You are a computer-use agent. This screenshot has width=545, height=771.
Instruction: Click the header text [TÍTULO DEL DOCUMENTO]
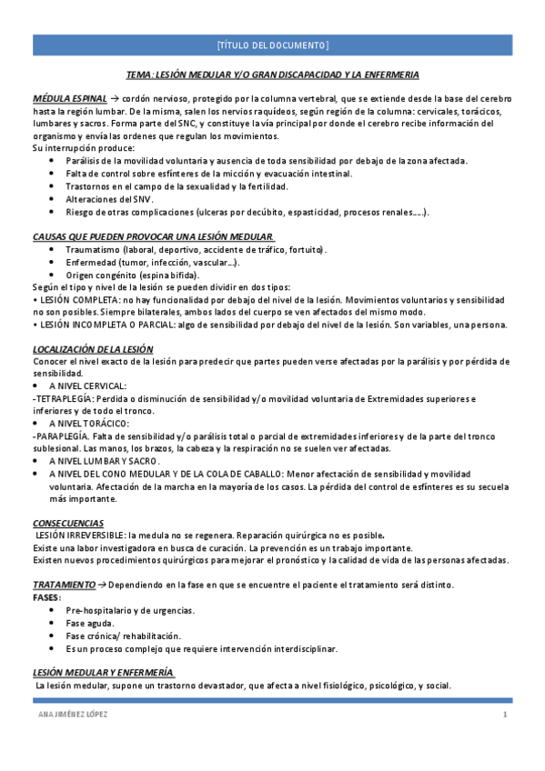tap(272, 45)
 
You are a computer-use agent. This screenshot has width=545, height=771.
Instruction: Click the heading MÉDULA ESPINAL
tap(70, 97)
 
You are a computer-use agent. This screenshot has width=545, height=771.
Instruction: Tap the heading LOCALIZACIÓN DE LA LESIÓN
tap(93, 349)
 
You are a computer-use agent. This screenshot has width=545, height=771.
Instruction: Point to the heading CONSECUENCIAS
tap(68, 523)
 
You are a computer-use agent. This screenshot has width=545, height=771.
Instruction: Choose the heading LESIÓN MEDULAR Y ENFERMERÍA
tap(103, 672)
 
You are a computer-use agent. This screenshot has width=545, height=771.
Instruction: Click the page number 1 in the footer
tap(504, 715)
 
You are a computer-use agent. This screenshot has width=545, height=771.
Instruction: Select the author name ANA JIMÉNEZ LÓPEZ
tap(68, 715)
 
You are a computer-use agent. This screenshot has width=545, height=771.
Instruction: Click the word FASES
tap(47, 596)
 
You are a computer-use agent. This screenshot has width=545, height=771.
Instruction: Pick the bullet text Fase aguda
tap(89, 623)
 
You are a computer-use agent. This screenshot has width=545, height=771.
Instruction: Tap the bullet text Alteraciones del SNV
tap(110, 199)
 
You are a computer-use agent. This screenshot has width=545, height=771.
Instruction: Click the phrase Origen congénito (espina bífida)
tap(133, 275)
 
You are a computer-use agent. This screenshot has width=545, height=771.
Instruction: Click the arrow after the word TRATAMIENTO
tap(103, 584)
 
